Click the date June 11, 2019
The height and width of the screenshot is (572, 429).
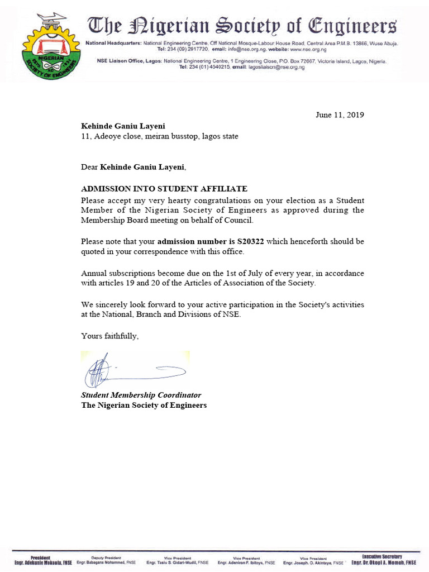click(340, 115)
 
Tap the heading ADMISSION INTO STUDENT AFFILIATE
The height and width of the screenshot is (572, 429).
click(164, 189)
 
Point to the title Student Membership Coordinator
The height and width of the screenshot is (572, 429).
click(141, 395)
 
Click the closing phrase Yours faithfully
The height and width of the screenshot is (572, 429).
click(109, 336)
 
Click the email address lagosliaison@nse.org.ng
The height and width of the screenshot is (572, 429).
click(275, 67)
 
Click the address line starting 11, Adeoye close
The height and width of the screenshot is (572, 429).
click(160, 136)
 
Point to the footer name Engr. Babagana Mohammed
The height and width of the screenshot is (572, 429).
click(106, 563)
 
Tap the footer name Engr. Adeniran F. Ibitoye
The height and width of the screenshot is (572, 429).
click(246, 563)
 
